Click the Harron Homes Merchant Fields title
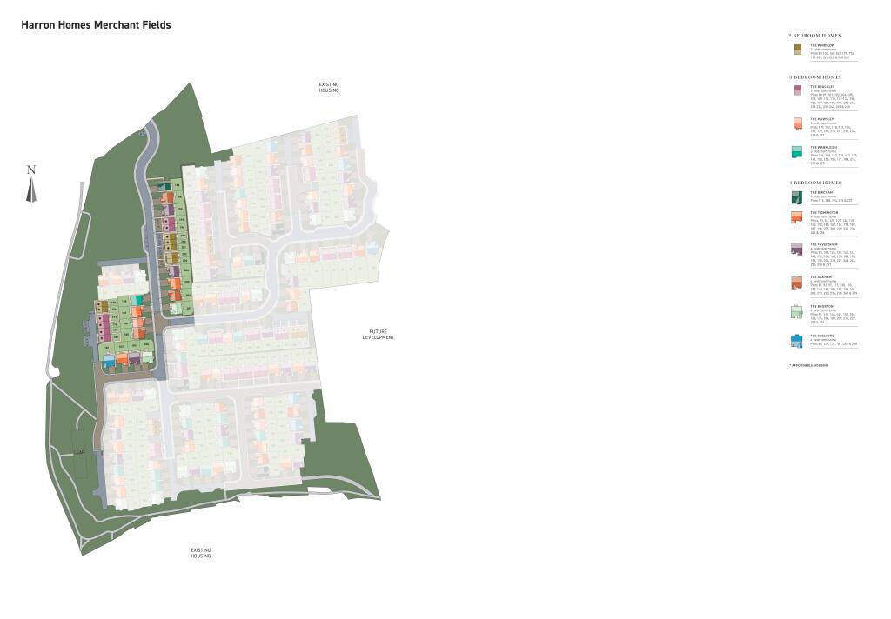[x=96, y=25]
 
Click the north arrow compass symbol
[x=31, y=184]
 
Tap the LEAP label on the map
[x=79, y=453]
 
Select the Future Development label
[x=379, y=335]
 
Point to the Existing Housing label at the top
[x=328, y=87]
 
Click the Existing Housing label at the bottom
[x=201, y=552]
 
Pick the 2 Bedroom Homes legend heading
[x=814, y=36]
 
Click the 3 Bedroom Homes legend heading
[x=814, y=77]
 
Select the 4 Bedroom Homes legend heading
[x=814, y=183]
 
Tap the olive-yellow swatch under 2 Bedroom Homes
[x=797, y=50]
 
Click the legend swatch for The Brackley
[x=797, y=90]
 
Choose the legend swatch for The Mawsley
[x=797, y=123]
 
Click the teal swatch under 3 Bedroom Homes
[x=797, y=152]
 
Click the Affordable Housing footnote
[x=808, y=365]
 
